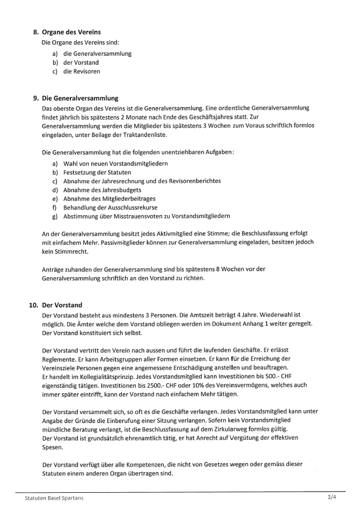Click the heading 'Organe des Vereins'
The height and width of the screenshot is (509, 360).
[68, 32]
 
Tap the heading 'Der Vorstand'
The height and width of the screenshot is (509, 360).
[62, 305]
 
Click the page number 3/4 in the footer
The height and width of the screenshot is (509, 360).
[332, 497]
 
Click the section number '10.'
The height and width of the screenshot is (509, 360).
[33, 305]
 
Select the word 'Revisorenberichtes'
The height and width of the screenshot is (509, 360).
[192, 181]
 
